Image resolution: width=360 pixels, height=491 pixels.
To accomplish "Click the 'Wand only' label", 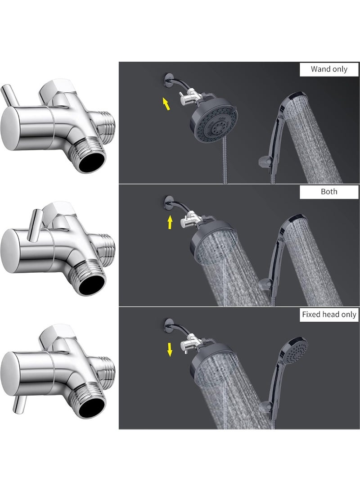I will pyautogui.click(x=329, y=69).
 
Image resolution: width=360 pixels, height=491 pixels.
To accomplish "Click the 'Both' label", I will pyautogui.click(x=329, y=191).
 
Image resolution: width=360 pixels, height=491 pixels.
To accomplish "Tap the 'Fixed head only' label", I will pyautogui.click(x=329, y=315).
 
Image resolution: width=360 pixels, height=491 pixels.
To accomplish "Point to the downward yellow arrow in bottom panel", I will pyautogui.click(x=170, y=349).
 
